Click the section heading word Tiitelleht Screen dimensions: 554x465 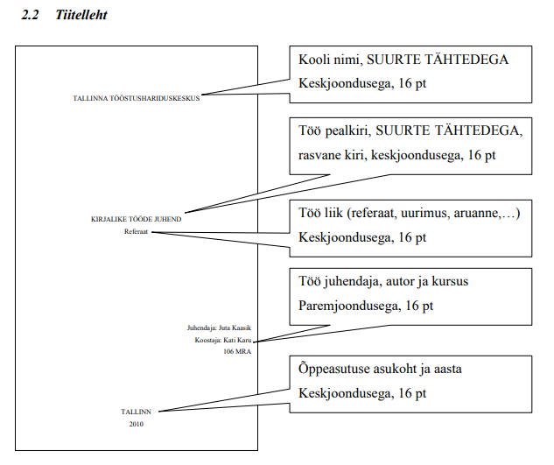click(x=81, y=15)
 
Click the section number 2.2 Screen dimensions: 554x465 click(x=30, y=15)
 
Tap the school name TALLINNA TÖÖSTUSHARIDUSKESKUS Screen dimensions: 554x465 click(x=137, y=98)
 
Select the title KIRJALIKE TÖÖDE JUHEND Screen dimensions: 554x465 click(x=136, y=219)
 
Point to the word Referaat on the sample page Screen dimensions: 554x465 click(x=136, y=231)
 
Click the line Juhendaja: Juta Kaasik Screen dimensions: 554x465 click(x=219, y=328)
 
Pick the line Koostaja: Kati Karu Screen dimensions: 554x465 click(x=223, y=340)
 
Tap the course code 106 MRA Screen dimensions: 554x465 click(x=237, y=351)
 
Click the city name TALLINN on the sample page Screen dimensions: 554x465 click(x=136, y=412)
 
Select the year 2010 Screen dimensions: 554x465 click(x=136, y=424)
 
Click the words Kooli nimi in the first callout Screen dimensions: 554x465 click(x=331, y=60)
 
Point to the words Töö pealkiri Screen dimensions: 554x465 click(x=335, y=130)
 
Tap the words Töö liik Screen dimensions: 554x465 click(x=321, y=213)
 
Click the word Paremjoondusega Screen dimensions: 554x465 click(x=349, y=306)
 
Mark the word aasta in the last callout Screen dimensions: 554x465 click(x=447, y=370)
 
